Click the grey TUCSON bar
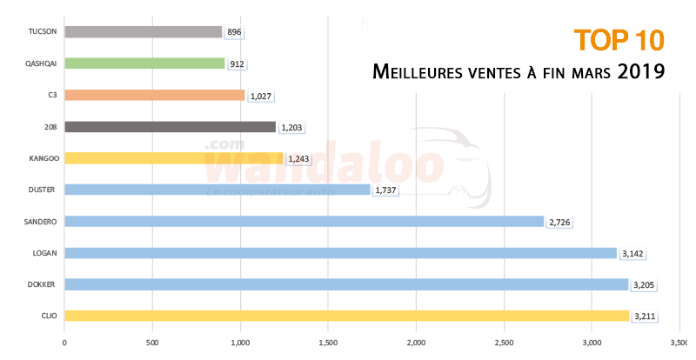click(144, 32)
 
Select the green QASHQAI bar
click(144, 63)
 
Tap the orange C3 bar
click(154, 95)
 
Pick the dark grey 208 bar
click(170, 127)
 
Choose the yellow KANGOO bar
click(174, 158)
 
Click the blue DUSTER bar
click(217, 190)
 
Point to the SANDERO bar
click(304, 221)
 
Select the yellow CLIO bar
click(346, 316)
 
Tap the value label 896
click(233, 33)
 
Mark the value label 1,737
click(385, 190)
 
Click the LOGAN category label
click(46, 253)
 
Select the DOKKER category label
click(44, 284)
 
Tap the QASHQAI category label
click(43, 63)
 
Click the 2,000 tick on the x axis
click(416, 342)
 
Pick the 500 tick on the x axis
click(152, 342)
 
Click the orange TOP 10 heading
click(619, 39)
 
